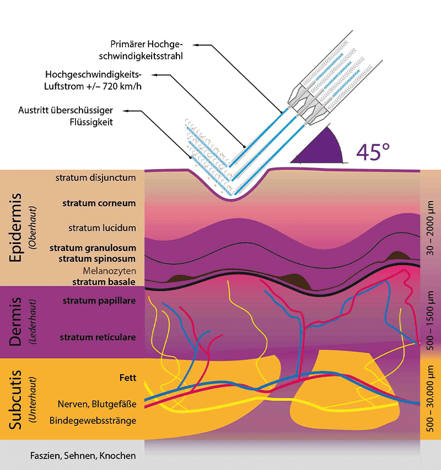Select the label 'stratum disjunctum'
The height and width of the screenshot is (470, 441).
[x=95, y=178]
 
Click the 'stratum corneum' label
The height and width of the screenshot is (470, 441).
[x=99, y=203]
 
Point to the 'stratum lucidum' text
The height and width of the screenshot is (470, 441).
[x=102, y=228]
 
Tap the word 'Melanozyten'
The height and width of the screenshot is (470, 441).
[x=109, y=271]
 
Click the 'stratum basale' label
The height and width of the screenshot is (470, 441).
[x=104, y=282]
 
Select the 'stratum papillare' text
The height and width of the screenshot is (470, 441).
[x=99, y=301]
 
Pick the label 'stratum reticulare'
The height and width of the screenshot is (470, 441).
[x=98, y=337]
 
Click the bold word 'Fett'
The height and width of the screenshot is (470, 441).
[x=127, y=378]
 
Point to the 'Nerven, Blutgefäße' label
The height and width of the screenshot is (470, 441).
[x=96, y=405]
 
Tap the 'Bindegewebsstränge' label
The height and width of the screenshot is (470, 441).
[x=93, y=421]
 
